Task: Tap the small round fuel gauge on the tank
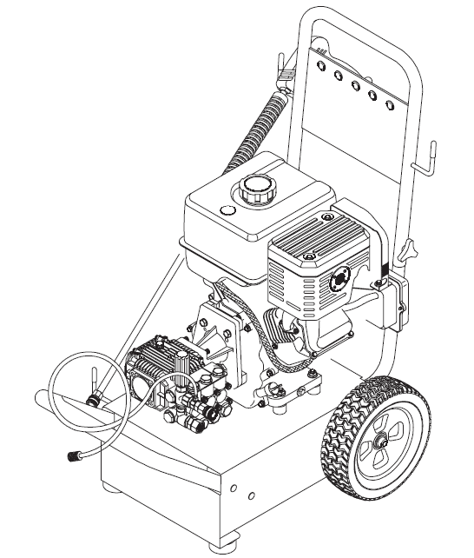(228, 211)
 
